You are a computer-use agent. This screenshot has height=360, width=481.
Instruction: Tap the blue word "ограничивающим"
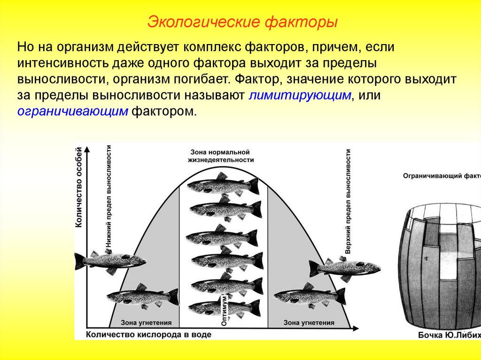point(73,111)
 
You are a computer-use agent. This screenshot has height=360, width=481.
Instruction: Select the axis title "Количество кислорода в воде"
point(148,335)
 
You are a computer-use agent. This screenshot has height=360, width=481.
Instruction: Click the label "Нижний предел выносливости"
point(109,197)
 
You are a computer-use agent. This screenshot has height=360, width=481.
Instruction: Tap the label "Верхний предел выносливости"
point(348,201)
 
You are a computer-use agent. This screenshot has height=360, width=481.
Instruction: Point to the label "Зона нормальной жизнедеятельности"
point(222,156)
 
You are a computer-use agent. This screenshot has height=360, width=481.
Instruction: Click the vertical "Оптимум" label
point(225,310)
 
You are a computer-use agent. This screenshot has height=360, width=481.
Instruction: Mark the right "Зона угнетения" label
point(309,323)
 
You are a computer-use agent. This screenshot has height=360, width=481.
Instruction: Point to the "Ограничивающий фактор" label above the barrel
point(442,176)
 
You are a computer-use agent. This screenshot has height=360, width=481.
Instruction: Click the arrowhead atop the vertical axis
point(87,148)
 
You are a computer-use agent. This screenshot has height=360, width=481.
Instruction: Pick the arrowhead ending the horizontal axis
point(356,327)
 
